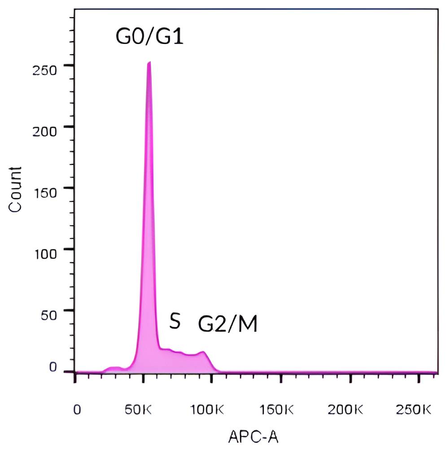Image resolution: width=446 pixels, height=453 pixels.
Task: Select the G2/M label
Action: pyautogui.click(x=228, y=324)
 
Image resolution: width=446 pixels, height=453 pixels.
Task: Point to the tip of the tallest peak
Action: pyautogui.click(x=149, y=63)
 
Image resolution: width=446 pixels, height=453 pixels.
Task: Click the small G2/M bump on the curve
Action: pyautogui.click(x=203, y=353)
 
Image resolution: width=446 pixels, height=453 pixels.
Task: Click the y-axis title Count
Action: pyautogui.click(x=15, y=189)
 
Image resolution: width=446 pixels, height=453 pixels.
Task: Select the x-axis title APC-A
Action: pyautogui.click(x=254, y=436)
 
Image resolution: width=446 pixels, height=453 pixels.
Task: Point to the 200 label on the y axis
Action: pyautogui.click(x=47, y=131)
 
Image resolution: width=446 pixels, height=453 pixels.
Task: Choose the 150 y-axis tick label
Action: pyautogui.click(x=47, y=192)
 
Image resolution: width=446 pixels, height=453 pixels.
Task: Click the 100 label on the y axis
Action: pyautogui.click(x=47, y=253)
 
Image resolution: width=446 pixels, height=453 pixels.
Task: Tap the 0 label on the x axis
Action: pyautogui.click(x=77, y=409)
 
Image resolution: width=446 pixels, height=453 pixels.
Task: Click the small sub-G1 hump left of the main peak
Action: pyautogui.click(x=114, y=368)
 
